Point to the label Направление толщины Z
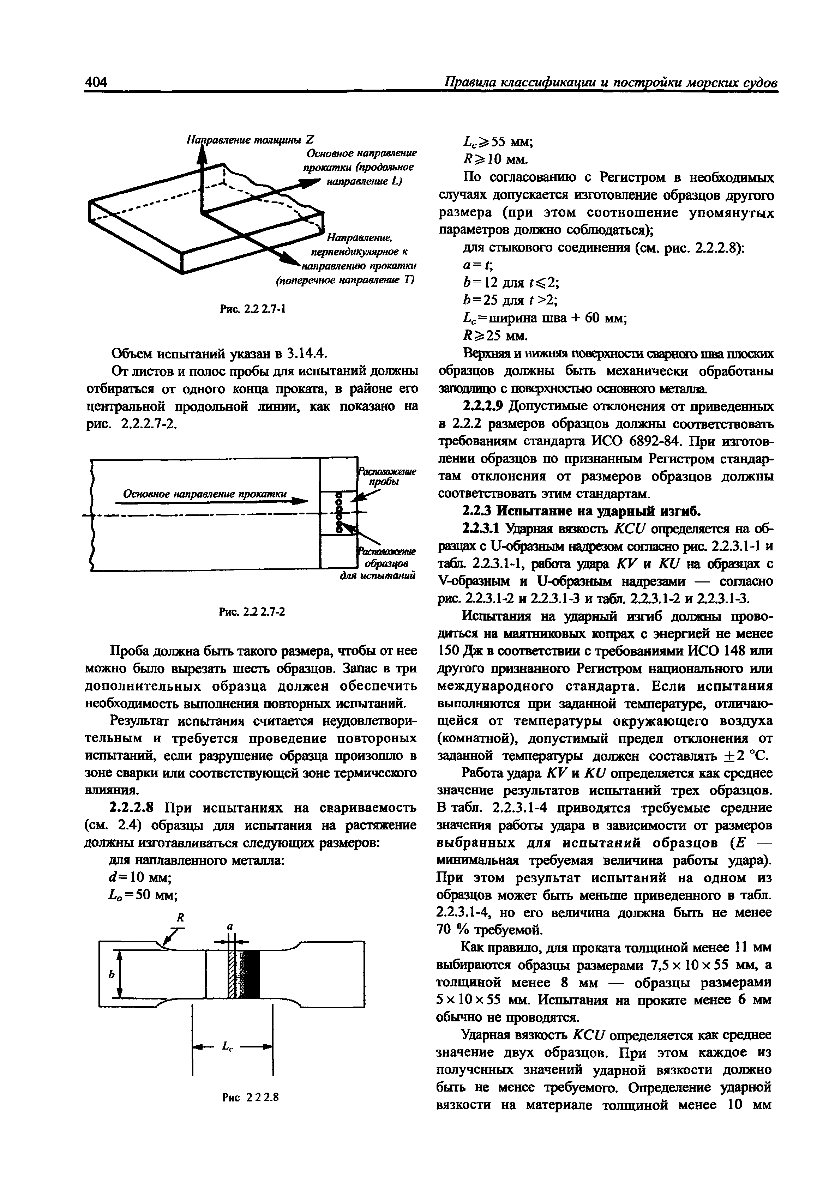[x=250, y=140]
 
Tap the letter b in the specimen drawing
[x=111, y=975]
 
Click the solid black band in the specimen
[x=252, y=974]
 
